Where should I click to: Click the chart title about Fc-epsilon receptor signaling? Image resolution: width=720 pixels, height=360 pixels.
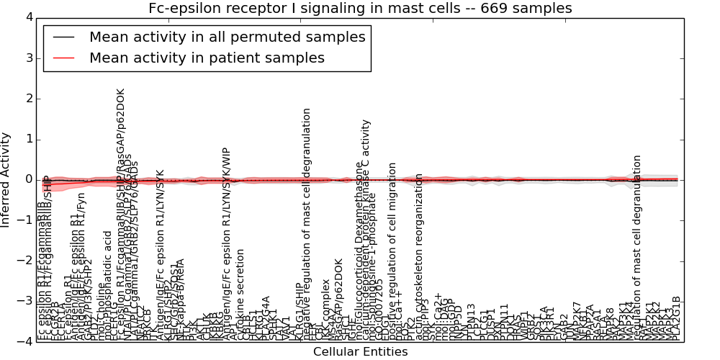click(x=360, y=8)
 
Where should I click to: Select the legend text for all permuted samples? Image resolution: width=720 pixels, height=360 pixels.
click(x=227, y=37)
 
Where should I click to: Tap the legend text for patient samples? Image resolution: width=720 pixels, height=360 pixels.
click(x=207, y=58)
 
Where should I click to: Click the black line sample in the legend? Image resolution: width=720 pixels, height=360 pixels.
click(x=63, y=37)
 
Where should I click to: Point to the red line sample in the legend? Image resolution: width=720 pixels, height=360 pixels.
click(x=63, y=58)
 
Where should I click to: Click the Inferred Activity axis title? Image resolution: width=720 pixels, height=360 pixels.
click(x=7, y=180)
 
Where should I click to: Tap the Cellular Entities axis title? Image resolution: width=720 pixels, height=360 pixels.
click(x=360, y=351)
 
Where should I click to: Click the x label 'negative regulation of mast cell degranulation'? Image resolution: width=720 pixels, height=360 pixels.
click(x=307, y=223)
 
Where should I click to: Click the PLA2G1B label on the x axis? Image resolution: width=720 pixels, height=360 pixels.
click(x=676, y=317)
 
